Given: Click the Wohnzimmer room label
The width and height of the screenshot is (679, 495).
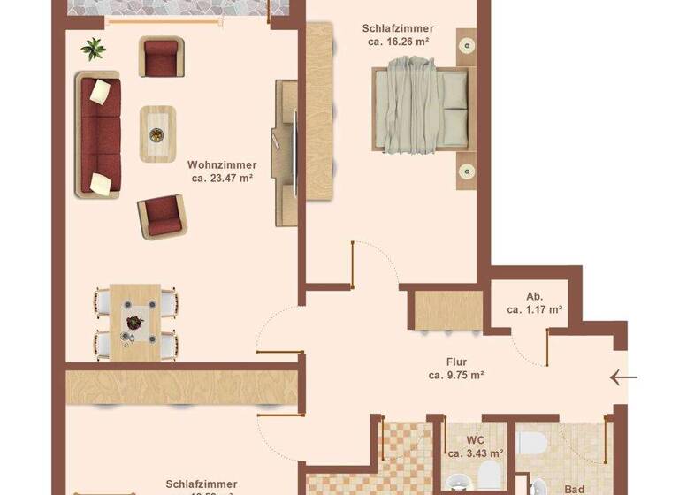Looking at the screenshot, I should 222,164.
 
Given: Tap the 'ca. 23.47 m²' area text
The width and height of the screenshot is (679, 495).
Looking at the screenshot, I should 222,178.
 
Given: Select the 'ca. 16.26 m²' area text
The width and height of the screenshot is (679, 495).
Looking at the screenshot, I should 395,42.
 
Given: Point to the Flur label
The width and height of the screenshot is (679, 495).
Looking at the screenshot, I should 456,362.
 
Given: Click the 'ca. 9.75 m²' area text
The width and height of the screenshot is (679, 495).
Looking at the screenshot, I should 456,375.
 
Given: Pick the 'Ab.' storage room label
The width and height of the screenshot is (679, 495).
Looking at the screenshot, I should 535,296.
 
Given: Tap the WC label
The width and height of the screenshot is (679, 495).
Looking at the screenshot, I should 475,440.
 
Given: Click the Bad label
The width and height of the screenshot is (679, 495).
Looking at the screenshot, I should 574,487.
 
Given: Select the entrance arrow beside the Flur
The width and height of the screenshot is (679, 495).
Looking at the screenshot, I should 623,378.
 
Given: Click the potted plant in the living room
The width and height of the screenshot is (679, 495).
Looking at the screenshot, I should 93,48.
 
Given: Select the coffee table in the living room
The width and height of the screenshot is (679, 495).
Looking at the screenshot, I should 157,133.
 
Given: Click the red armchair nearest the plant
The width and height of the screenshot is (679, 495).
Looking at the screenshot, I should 161,57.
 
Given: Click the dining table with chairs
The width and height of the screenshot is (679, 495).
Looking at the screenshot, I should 135,322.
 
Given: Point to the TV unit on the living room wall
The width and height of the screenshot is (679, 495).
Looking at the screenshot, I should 286,153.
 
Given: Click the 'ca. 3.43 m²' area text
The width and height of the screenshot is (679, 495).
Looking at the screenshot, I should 475,453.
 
